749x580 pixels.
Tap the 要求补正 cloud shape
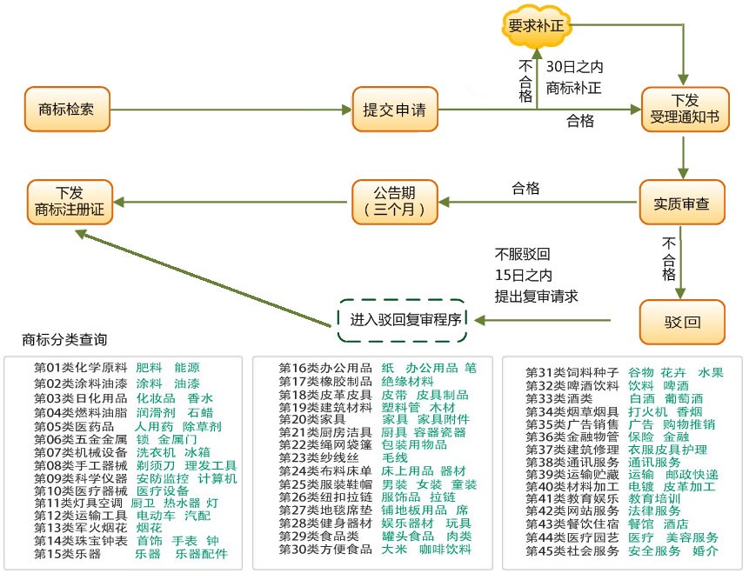(x=535, y=26)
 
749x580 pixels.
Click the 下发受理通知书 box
(x=684, y=110)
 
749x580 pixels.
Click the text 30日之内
(x=574, y=67)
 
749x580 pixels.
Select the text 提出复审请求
(x=537, y=296)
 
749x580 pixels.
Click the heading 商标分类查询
(x=64, y=339)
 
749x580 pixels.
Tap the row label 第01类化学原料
(x=80, y=368)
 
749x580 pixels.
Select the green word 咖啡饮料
(x=444, y=550)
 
